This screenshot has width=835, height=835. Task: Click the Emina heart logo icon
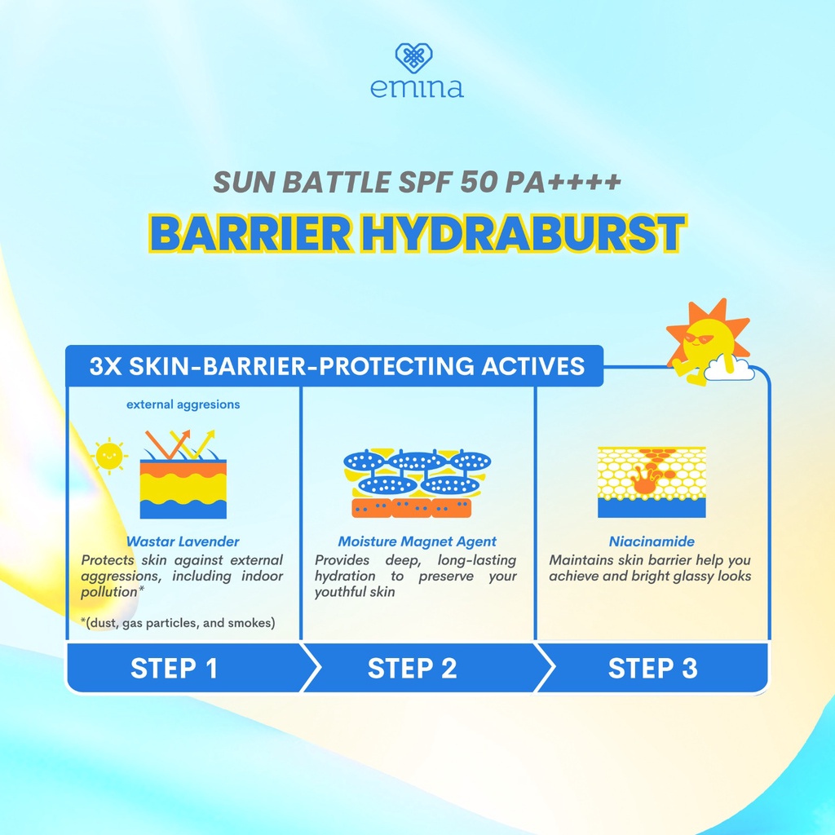click(413, 59)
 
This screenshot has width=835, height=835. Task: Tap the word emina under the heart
click(417, 87)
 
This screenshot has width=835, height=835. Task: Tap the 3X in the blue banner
click(105, 366)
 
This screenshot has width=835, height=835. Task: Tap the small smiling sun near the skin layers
click(108, 457)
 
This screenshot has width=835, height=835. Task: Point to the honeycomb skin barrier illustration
click(652, 482)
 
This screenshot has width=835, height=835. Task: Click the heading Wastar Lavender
click(183, 541)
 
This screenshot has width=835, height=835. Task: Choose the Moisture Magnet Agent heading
click(417, 541)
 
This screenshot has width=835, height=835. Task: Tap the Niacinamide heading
click(652, 541)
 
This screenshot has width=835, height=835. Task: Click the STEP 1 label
click(174, 669)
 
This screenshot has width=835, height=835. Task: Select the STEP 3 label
click(652, 669)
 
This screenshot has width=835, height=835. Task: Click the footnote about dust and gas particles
click(178, 624)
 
